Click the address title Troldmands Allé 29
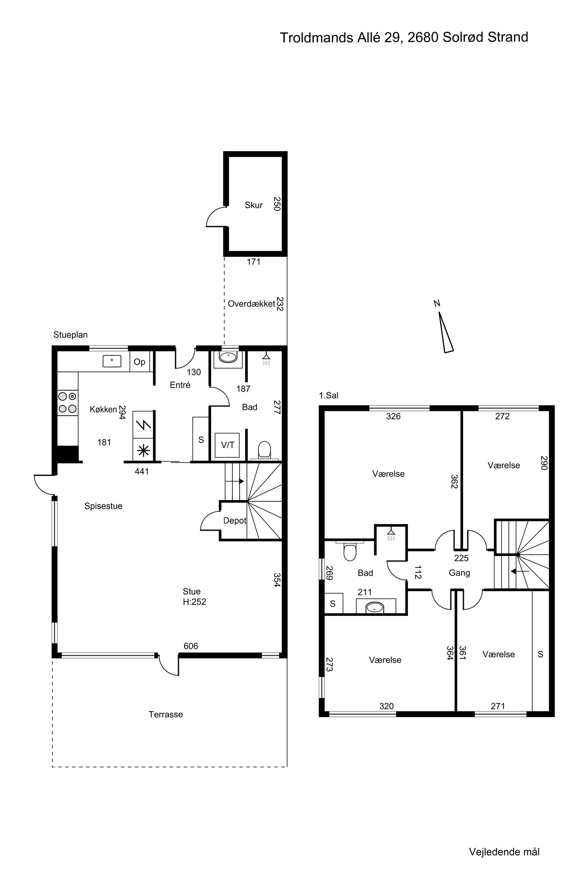[x=341, y=38]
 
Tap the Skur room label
[x=254, y=205]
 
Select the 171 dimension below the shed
[x=254, y=262]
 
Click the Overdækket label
[x=252, y=304]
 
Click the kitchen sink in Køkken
[x=112, y=361]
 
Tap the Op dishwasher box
[x=140, y=362]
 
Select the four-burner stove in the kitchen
[x=68, y=403]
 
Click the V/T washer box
[x=227, y=445]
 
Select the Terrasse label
[x=166, y=714]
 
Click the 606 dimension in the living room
[x=191, y=646]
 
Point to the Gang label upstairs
[x=460, y=573]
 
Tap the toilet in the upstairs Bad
[x=350, y=552]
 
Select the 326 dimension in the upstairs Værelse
[x=394, y=416]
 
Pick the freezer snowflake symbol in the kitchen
[x=144, y=451]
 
